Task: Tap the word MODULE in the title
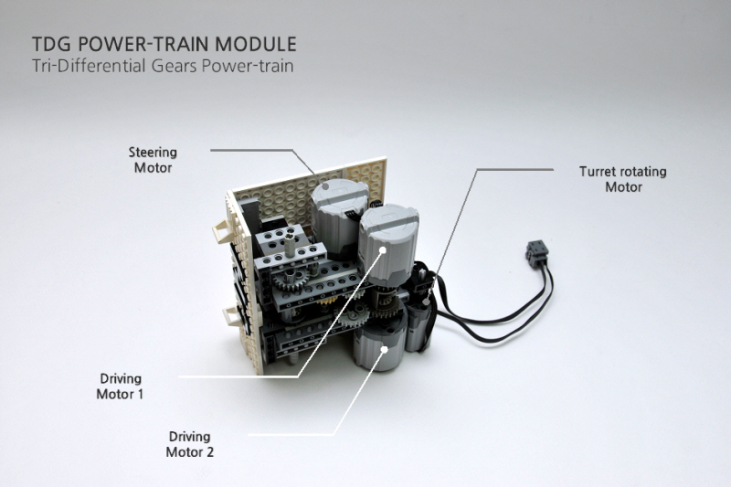tap(256, 44)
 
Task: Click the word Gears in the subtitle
tap(175, 66)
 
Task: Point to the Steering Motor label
tap(153, 160)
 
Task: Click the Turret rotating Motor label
tap(623, 179)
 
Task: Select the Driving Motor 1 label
tap(120, 386)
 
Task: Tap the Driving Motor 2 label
tap(190, 444)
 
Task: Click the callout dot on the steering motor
tap(325, 186)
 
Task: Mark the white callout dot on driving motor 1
tap(383, 250)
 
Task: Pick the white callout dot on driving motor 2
tap(385, 349)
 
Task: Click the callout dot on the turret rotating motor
tap(426, 301)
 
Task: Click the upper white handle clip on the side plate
tap(223, 231)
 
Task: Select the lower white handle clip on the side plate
tap(233, 317)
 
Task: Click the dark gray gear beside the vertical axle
tap(287, 281)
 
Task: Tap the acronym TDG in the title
tap(51, 44)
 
